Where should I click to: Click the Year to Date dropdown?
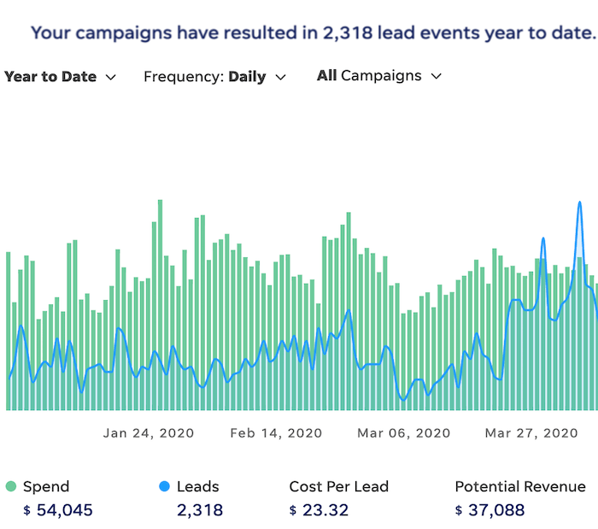(x=59, y=77)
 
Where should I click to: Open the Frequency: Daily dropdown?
(x=214, y=77)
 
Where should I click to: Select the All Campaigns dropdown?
(x=378, y=76)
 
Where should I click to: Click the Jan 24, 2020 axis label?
(x=149, y=433)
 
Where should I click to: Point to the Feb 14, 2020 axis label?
(x=276, y=433)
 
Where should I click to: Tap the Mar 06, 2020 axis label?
(x=404, y=433)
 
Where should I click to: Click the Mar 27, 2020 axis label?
(x=531, y=433)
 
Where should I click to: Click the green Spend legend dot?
(x=10, y=487)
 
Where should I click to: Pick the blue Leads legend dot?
(x=164, y=487)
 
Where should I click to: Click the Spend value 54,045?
(x=64, y=511)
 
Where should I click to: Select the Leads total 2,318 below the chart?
(x=199, y=511)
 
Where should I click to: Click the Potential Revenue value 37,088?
(x=496, y=511)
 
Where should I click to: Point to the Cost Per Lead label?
(x=338, y=487)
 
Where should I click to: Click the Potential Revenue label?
(x=520, y=487)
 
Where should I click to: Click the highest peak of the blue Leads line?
(x=579, y=203)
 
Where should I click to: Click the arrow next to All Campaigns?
(x=437, y=76)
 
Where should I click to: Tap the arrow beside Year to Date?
(x=110, y=77)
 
